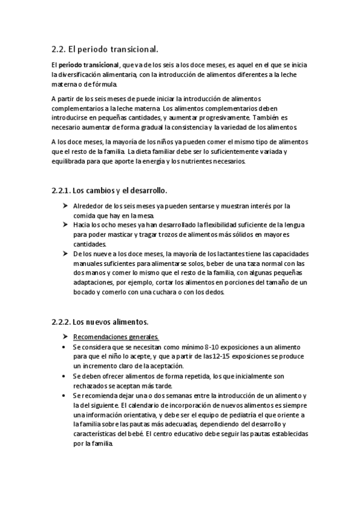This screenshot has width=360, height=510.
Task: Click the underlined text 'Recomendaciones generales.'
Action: tap(112, 336)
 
